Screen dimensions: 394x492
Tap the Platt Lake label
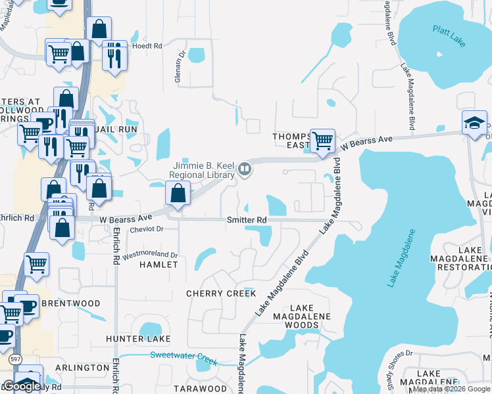[449, 35]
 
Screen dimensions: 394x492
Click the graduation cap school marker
[474, 123]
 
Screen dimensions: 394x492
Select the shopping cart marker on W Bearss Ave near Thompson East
[322, 141]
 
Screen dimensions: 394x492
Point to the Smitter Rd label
[247, 220]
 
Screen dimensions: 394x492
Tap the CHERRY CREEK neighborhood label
[221, 294]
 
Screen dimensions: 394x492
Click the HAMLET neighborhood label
[159, 265]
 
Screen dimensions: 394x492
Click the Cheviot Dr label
[146, 229]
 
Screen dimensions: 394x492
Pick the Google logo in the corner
[22, 386]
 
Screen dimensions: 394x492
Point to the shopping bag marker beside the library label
[178, 193]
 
